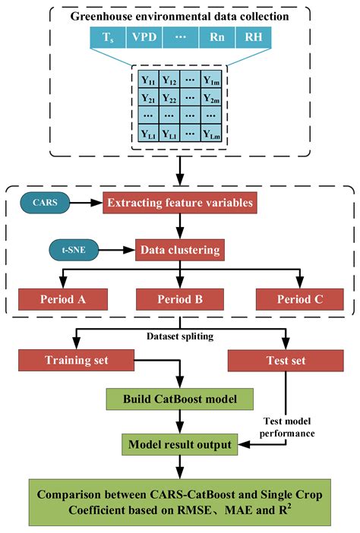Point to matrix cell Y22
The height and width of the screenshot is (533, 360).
[x=170, y=98]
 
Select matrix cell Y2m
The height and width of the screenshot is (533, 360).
[x=210, y=98]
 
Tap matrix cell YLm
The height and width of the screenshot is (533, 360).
[x=210, y=134]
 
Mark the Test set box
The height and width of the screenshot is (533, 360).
[x=286, y=360]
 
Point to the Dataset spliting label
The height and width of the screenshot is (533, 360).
[x=179, y=335]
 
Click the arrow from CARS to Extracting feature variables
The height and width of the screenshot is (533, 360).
[x=92, y=203]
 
